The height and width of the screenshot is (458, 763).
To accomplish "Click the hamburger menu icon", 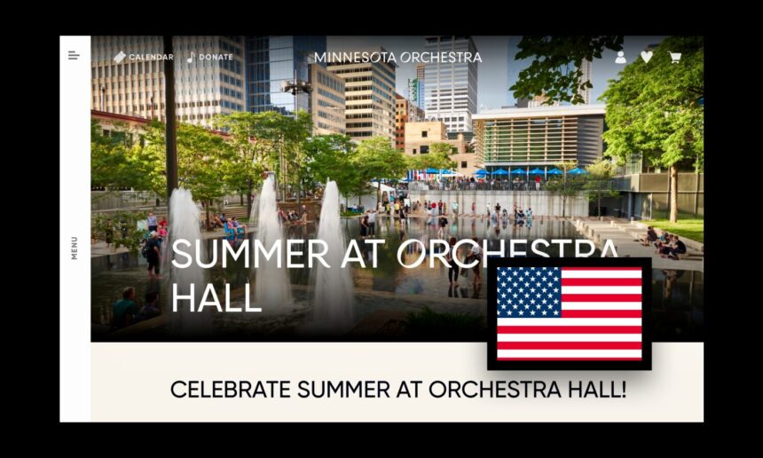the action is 74,56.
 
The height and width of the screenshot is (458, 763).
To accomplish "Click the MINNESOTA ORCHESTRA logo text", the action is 397,58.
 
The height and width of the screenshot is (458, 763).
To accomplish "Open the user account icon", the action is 620,58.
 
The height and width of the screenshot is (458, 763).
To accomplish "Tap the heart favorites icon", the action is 647,58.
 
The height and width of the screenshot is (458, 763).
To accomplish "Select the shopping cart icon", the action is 674,58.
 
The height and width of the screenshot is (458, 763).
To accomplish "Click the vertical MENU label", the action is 74,248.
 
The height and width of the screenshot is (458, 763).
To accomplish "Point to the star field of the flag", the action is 529,292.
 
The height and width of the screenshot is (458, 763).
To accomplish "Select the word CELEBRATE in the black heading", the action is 230,390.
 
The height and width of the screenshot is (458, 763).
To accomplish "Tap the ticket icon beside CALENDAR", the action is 119,57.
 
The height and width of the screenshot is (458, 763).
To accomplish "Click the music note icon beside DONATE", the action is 192,57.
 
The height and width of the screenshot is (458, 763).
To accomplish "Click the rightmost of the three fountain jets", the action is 333,253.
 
